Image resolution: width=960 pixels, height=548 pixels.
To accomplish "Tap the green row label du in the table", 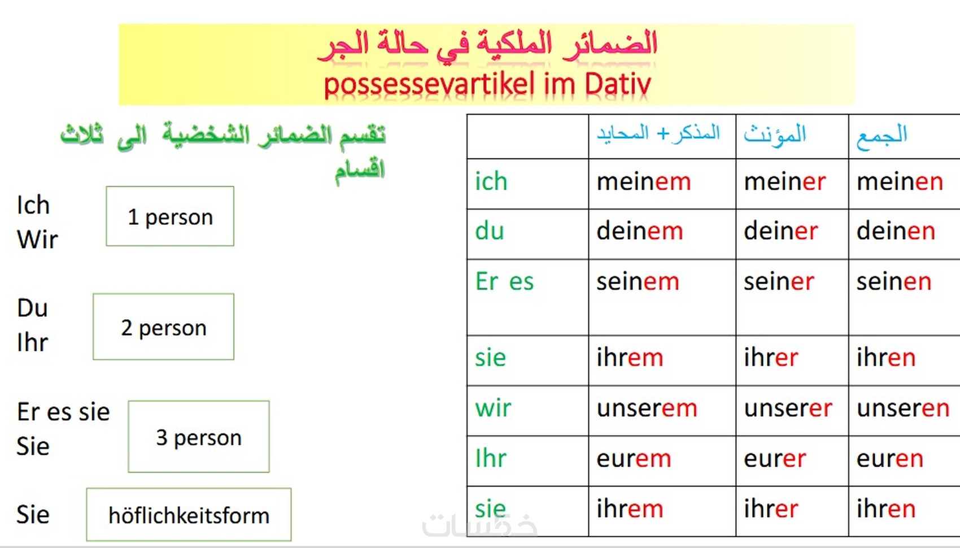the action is click(490, 232).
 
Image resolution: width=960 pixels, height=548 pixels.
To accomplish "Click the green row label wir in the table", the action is click(493, 408).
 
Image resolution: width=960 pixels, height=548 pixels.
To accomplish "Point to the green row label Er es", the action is click(504, 282).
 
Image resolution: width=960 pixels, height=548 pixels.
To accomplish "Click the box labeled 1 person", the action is click(170, 216).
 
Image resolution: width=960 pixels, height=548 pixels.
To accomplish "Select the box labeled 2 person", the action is click(164, 327).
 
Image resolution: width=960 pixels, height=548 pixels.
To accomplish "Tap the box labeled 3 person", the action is click(199, 437).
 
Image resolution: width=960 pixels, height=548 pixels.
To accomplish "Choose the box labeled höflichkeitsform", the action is click(189, 515).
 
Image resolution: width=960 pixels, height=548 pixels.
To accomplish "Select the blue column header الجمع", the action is click(882, 136).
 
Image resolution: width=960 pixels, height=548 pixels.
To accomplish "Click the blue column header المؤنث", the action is click(775, 135).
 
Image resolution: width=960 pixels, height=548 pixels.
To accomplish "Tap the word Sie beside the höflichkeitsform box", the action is click(33, 515).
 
